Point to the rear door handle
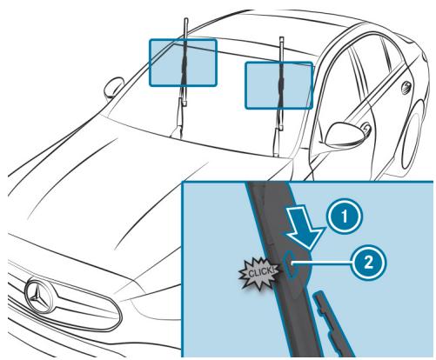(x=403, y=87)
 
